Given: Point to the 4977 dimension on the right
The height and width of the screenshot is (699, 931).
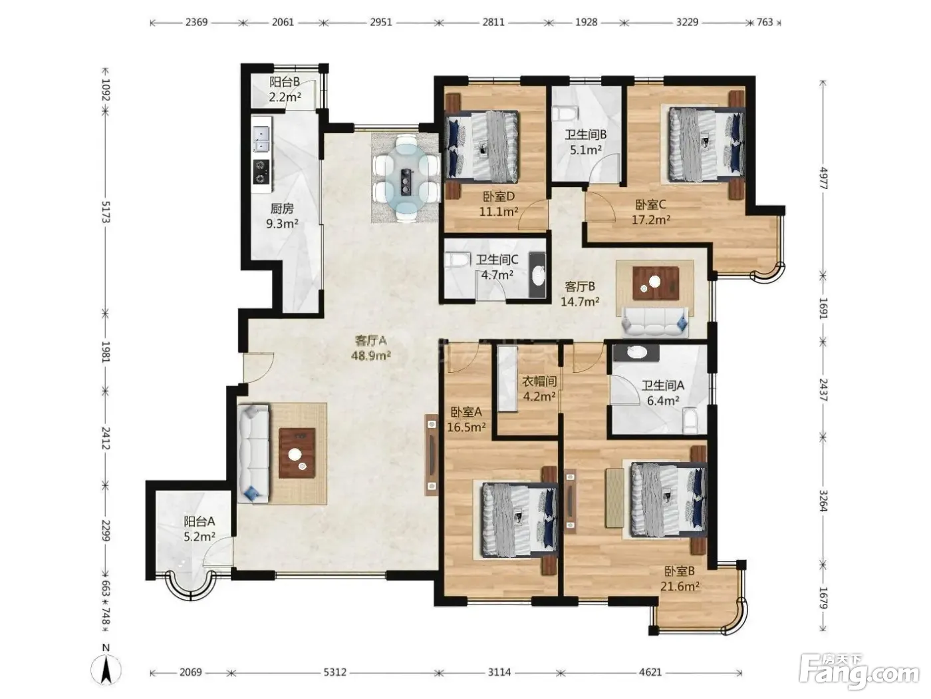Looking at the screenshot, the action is (823, 178).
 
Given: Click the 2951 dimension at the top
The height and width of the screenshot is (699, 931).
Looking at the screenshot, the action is (381, 22).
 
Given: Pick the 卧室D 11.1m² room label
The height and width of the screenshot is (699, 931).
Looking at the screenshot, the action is (499, 204).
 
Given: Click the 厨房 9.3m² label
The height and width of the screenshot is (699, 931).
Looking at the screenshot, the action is (282, 216).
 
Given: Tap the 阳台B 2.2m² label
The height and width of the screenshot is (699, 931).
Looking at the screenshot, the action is (285, 89).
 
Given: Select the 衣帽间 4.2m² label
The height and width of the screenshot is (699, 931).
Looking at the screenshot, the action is (539, 389).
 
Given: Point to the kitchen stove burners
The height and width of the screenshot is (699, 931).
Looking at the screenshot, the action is (261, 172).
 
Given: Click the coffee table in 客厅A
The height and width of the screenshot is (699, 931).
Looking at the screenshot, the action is (297, 453).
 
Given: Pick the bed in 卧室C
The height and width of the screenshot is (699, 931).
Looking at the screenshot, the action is (706, 145).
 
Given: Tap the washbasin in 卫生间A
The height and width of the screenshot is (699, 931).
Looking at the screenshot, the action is (636, 352).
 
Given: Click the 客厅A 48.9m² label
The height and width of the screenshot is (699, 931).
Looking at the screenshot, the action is (370, 348).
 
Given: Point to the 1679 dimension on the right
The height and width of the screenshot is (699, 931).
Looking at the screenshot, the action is (823, 598).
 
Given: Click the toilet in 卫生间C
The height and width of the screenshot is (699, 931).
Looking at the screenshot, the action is (457, 260).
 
